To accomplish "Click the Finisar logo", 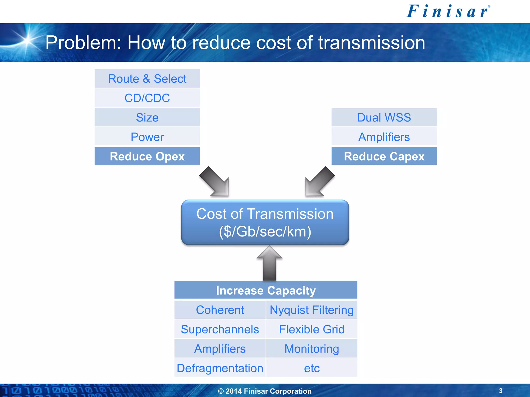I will pyautogui.click(x=448, y=12).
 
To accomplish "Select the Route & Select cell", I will pyautogui.click(x=147, y=79).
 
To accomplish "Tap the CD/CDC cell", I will pyautogui.click(x=147, y=98).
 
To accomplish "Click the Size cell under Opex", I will pyautogui.click(x=147, y=117).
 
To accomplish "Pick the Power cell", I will pyautogui.click(x=147, y=137).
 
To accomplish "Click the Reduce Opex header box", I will pyautogui.click(x=147, y=156).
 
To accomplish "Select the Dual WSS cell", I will pyautogui.click(x=384, y=117).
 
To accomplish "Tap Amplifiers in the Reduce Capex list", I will pyautogui.click(x=384, y=137).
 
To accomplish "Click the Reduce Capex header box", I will pyautogui.click(x=384, y=156).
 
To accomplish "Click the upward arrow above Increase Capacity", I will pyautogui.click(x=269, y=264).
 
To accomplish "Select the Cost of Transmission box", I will pyautogui.click(x=265, y=222).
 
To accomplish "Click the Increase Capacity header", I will pyautogui.click(x=266, y=290).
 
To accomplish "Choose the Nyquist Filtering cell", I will pyautogui.click(x=312, y=310).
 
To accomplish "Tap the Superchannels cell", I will pyautogui.click(x=220, y=329).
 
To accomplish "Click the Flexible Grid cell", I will pyautogui.click(x=312, y=329).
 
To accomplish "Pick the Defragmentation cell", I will pyautogui.click(x=220, y=368).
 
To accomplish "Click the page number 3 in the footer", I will pyautogui.click(x=500, y=391).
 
